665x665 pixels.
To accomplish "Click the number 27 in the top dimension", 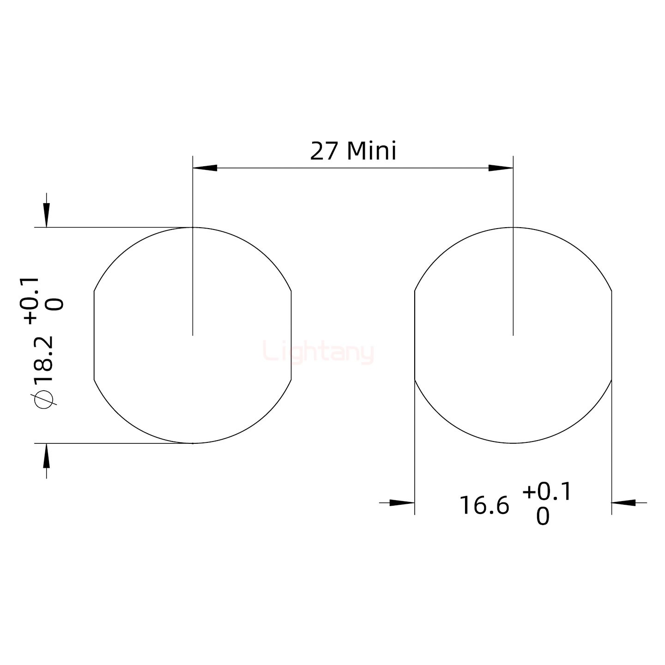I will point(324,151).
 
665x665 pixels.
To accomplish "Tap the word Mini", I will point(371,151).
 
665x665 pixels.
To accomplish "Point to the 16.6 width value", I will point(484,505).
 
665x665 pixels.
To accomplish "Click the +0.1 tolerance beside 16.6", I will point(547,492).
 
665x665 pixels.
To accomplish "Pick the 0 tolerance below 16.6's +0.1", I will point(543,517).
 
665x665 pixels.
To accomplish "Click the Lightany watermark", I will point(318,352).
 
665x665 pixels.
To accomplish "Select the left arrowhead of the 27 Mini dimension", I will point(205,168).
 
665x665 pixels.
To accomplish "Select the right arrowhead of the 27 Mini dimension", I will point(501,168).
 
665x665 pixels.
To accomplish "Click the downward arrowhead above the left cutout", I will point(46,216).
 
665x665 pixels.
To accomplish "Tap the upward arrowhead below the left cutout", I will point(46,455).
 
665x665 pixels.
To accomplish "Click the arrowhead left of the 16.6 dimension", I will point(402,502).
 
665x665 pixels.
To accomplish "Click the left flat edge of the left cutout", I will point(94,336).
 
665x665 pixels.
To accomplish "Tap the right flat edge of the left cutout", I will point(291,336).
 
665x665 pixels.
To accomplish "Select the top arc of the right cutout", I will point(513,228).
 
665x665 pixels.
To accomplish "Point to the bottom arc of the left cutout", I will point(193,443).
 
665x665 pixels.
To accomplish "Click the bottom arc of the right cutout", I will point(513,443).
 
